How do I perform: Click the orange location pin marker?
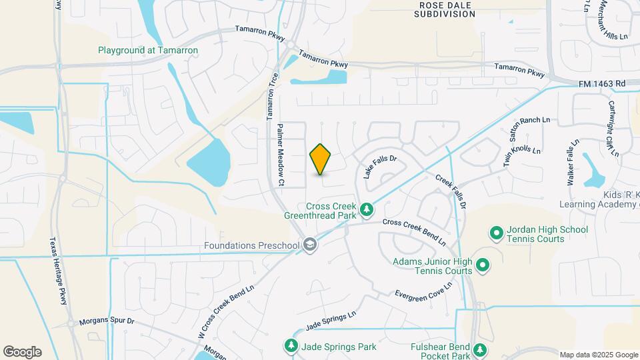pos(321,159)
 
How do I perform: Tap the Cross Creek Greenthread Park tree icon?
pos(366,211)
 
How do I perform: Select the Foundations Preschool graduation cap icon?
pos(309,245)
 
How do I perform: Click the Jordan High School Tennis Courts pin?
pos(496,233)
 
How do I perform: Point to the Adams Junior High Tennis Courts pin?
pos(483,267)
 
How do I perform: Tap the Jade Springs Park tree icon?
pos(291,346)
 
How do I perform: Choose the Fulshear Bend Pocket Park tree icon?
pos(479,349)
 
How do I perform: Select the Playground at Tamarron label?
pos(148,50)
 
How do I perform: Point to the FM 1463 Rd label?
pos(602,84)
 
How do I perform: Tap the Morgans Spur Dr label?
pos(107,321)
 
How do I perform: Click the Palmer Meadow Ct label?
pos(281,155)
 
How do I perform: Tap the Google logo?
pos(23,352)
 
